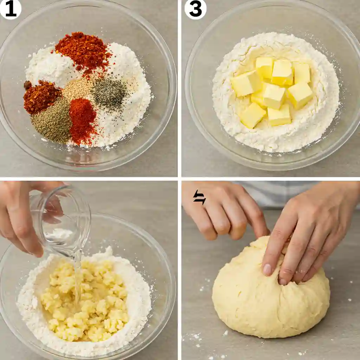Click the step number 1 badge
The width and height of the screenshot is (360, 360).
(10, 9)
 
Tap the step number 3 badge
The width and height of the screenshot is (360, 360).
(195, 9)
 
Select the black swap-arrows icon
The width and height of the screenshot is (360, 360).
(199, 197)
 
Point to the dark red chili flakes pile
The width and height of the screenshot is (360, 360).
(41, 96)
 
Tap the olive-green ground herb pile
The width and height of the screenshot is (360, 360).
(53, 122)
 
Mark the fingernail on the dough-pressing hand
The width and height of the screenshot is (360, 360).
(267, 269)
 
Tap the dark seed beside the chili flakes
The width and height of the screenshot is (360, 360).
(27, 85)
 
